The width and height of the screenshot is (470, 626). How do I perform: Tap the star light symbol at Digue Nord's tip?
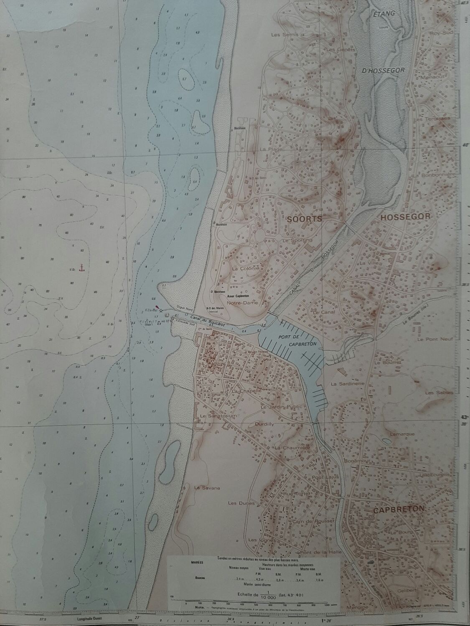(x=162, y=311)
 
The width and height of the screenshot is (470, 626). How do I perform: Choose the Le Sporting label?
(x=297, y=241)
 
